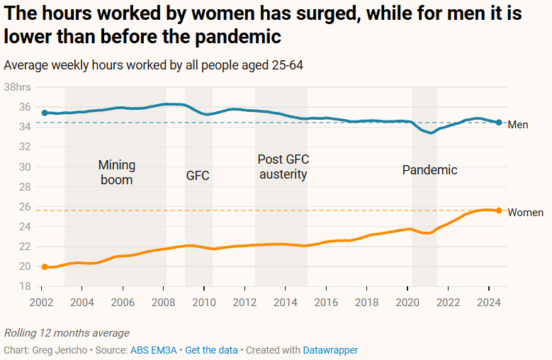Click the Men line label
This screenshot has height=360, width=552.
[519, 125]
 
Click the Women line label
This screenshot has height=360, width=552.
[526, 213]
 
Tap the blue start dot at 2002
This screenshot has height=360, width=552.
[44, 113]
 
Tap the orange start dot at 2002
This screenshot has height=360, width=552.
[44, 267]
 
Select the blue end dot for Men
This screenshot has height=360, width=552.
[499, 123]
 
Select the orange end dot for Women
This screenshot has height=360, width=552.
[499, 210]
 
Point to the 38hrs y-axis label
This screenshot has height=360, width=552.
[18, 87]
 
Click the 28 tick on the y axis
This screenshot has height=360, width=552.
[25, 187]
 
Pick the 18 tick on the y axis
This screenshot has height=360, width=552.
[25, 286]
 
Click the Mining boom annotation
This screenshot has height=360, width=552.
[117, 172]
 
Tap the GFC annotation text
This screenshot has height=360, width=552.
[198, 176]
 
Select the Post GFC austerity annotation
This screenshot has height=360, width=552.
[283, 167]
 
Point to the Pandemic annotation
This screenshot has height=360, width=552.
[429, 170]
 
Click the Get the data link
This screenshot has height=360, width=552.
[210, 350]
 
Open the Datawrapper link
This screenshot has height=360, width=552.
[330, 350]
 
